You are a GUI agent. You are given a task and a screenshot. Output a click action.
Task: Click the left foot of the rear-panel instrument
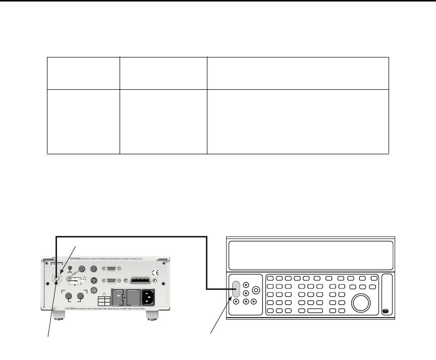(x=60, y=317)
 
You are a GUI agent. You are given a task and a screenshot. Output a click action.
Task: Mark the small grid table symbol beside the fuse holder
(x=103, y=301)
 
